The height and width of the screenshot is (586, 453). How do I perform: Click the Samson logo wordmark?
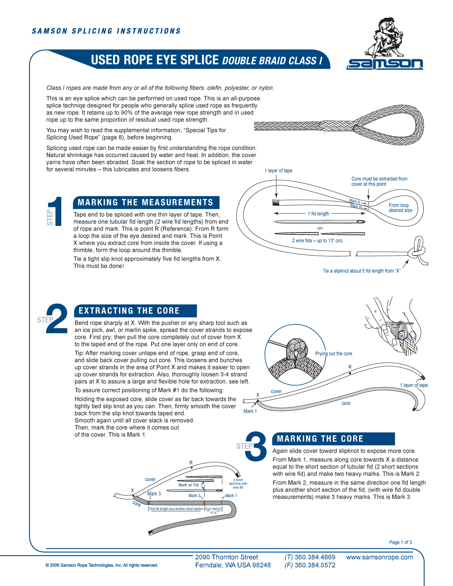pos(384,64)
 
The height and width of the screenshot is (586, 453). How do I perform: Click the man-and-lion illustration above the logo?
pos(385,37)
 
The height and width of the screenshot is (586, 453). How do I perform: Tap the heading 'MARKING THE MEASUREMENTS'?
pos(145,202)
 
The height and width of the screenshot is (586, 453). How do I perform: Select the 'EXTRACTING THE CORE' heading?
pos(129,311)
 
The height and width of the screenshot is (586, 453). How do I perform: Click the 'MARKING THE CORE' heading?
pos(320,439)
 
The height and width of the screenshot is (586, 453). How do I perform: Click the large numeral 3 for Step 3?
pos(256,446)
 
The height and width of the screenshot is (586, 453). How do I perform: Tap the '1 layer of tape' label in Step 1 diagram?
pos(278,170)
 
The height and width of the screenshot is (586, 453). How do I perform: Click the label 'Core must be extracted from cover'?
pos(379,181)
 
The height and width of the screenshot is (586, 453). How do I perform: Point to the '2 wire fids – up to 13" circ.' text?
pos(317,240)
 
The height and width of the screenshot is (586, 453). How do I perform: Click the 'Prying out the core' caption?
pos(333,354)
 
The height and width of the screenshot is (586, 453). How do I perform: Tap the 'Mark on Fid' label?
pos(188,485)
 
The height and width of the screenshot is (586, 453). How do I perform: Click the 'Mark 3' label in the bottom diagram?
pos(154,494)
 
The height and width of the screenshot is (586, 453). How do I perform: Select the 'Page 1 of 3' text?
pos(400,542)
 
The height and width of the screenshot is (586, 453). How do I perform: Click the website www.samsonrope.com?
pos(379,557)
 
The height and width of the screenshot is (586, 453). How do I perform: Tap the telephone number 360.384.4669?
pos(315,557)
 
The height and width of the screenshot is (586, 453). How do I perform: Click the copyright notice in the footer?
pos(102,565)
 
